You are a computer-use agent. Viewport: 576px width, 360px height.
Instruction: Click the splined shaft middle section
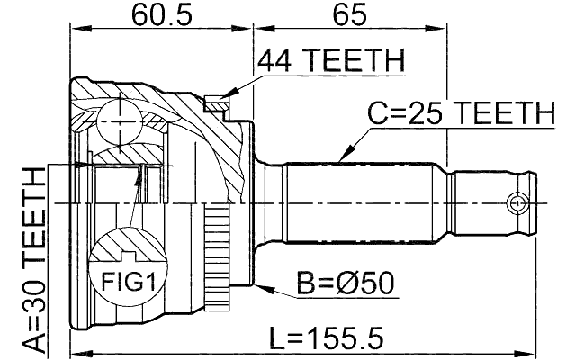tap(369, 202)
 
